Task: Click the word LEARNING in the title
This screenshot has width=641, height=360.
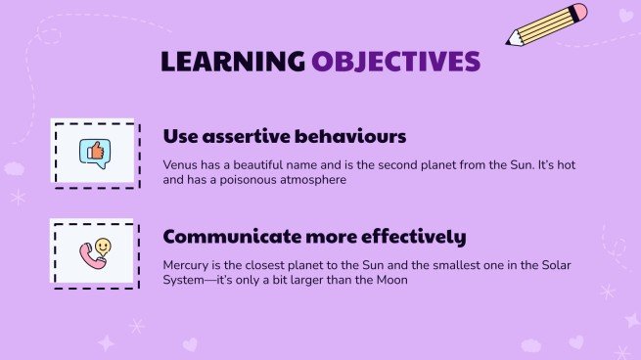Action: [233, 62]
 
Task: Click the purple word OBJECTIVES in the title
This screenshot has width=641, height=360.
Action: [395, 62]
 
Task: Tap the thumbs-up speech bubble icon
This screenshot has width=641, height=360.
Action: [95, 152]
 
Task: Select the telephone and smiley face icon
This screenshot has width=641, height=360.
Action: [95, 252]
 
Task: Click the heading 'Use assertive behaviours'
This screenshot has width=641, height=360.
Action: [284, 136]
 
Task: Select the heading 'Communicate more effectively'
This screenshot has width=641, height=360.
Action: [313, 237]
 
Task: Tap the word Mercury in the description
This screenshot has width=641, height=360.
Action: [186, 264]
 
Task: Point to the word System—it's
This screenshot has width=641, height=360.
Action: [196, 282]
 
